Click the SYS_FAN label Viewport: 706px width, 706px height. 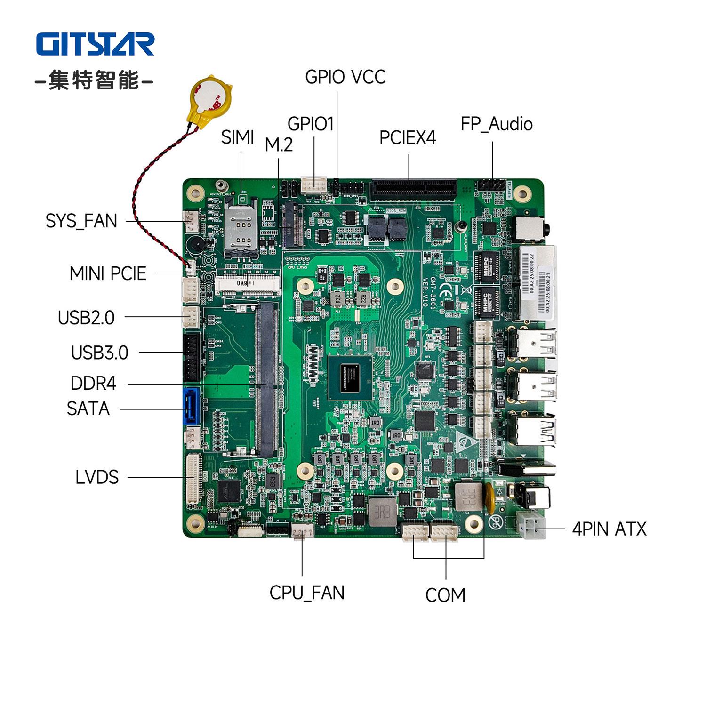click(81, 221)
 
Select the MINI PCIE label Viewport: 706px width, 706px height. click(108, 273)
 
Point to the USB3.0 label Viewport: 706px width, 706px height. click(99, 353)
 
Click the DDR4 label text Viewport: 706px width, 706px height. click(93, 384)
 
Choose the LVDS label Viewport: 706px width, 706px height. click(97, 477)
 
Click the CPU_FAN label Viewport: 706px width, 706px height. click(307, 593)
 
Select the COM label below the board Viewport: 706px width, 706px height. click(445, 595)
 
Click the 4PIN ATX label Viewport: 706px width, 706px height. click(609, 529)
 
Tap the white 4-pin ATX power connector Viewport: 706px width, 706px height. click(530, 525)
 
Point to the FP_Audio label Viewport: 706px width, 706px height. click(497, 124)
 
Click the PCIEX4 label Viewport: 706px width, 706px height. click(408, 138)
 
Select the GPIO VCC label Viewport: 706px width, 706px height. click(345, 77)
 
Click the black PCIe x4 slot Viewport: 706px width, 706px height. click(414, 189)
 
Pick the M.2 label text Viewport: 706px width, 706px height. click(279, 145)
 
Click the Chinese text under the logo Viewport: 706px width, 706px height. click(95, 80)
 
